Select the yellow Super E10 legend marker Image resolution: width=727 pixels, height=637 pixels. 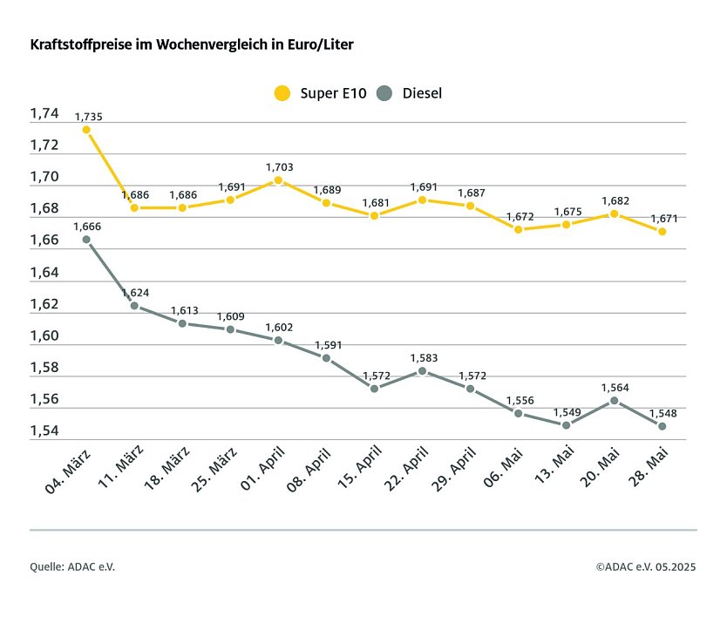tap(282, 93)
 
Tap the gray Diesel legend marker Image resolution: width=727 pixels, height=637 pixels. tap(387, 93)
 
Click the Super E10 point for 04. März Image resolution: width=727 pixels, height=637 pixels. tap(86, 130)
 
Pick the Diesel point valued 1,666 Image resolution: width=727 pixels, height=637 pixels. tap(86, 240)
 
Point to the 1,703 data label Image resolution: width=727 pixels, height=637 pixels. tap(278, 166)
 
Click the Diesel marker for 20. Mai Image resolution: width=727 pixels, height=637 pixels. tap(615, 401)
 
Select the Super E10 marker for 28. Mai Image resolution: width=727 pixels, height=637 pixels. tap(662, 232)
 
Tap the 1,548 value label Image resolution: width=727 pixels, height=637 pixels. tap(662, 412)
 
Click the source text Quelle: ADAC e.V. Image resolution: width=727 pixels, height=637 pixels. tap(72, 566)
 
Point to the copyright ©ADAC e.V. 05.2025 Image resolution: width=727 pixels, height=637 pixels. tap(646, 566)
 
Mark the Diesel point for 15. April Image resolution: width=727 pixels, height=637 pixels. tap(374, 389)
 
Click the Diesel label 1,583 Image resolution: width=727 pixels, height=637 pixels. tap(422, 357)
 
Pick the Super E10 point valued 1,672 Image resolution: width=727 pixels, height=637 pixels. tap(519, 230)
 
